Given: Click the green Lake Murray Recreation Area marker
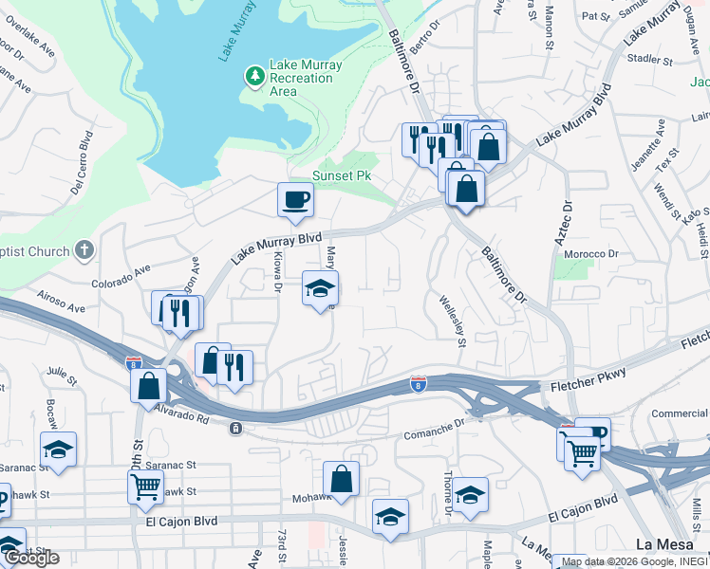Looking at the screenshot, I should click(x=254, y=75).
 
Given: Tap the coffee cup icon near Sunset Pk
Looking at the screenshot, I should click(x=294, y=200).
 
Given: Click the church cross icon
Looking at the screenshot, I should click(x=84, y=251).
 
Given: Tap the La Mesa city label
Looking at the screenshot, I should click(x=664, y=544).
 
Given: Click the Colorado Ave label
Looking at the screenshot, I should click(x=121, y=276).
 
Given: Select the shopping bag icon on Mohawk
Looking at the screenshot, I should click(x=341, y=480).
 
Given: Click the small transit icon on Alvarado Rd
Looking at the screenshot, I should click(x=234, y=429).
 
